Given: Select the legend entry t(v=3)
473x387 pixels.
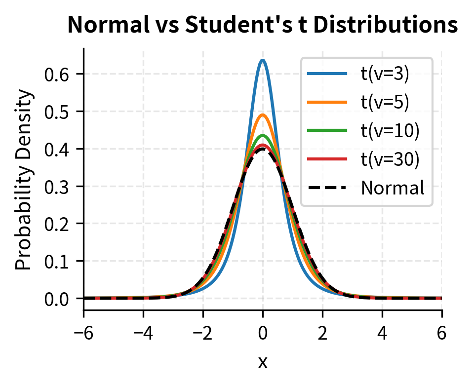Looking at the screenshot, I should point(385,75).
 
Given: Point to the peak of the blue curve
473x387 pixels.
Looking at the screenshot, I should point(263,61).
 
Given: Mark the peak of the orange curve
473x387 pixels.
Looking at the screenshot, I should point(263,115).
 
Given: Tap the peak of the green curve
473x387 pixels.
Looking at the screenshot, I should point(263,135).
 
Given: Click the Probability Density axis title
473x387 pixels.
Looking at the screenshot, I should point(23,180).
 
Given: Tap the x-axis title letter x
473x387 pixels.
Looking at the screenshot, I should point(263,363).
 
